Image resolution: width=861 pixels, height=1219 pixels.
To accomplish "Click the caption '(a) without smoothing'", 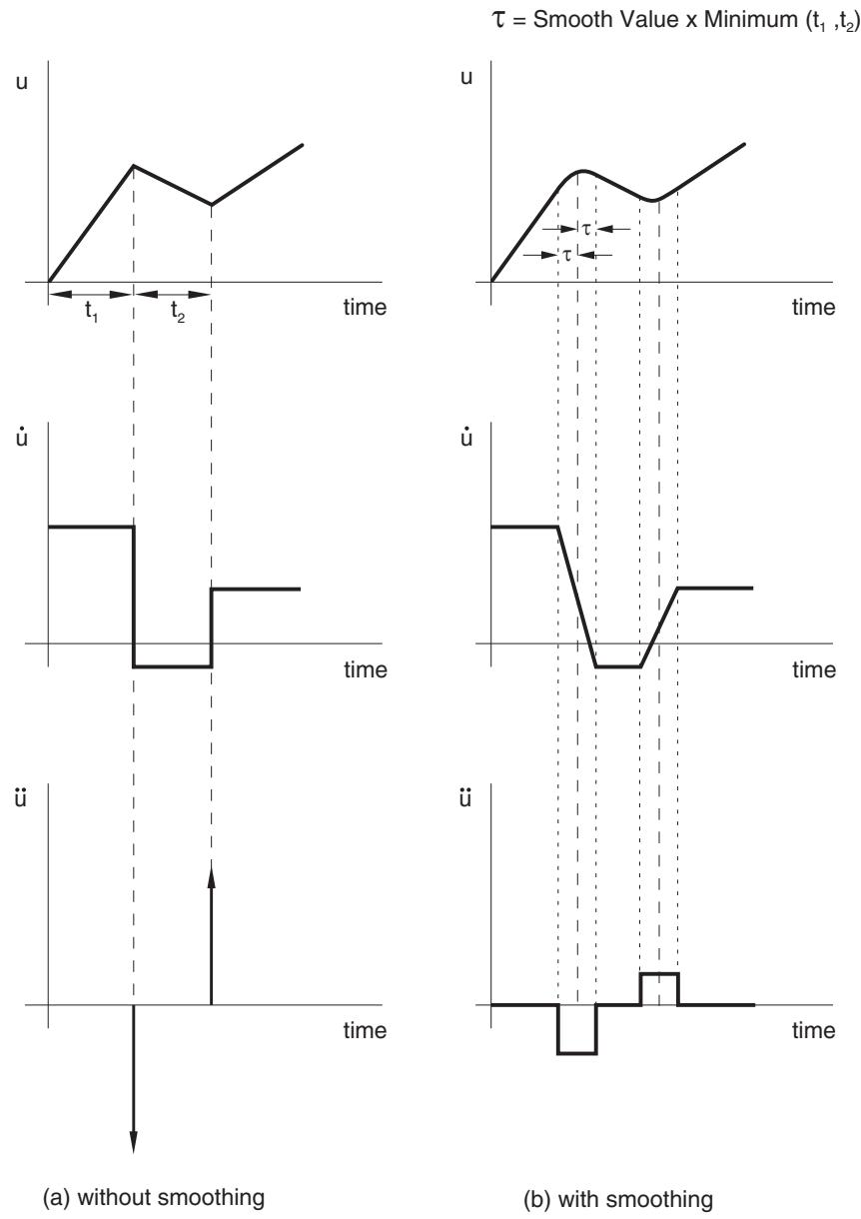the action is [x=154, y=1198].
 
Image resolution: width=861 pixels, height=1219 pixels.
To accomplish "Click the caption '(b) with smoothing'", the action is [x=618, y=1199].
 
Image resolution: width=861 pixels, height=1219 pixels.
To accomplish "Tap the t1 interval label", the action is [x=91, y=312].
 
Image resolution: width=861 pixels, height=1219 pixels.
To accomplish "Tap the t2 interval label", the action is [x=178, y=312].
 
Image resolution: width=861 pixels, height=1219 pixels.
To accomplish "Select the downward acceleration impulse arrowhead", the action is [x=133, y=1141].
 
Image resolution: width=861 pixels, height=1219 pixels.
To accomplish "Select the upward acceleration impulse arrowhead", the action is [x=212, y=878].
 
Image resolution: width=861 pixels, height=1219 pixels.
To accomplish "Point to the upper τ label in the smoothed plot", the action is [x=586, y=230].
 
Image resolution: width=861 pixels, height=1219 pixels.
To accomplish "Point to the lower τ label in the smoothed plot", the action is [x=567, y=255].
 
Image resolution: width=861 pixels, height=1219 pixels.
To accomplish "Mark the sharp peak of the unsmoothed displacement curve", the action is [x=134, y=166].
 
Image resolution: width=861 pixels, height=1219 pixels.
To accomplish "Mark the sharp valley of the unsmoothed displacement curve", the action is [x=212, y=205].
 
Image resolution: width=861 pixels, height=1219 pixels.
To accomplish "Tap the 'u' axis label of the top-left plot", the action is [x=22, y=83].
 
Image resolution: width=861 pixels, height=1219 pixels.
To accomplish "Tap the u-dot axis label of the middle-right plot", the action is [x=466, y=438].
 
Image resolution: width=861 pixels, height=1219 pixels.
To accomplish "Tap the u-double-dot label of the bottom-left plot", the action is [x=21, y=798].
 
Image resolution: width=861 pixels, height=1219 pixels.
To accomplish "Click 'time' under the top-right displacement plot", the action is [x=813, y=308].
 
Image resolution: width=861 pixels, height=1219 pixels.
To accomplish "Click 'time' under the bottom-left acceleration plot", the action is [x=365, y=1030].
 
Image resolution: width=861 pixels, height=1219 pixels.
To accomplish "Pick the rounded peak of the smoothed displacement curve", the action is [x=581, y=172].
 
